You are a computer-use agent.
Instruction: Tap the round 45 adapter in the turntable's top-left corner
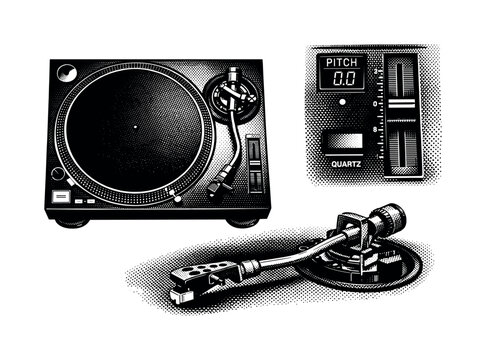(x=67, y=73)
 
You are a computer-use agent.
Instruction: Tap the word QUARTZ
(x=344, y=159)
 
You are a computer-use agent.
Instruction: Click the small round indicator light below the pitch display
(x=342, y=102)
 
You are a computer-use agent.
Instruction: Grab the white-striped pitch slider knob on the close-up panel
(x=402, y=102)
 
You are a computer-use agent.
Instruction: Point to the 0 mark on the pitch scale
(x=375, y=102)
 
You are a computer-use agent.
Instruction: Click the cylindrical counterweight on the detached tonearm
(x=386, y=220)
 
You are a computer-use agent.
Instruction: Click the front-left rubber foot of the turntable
(x=72, y=221)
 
